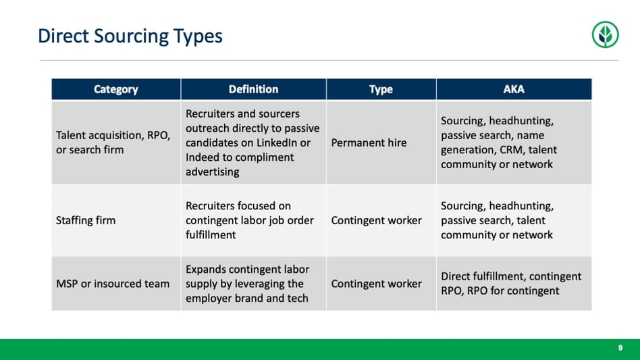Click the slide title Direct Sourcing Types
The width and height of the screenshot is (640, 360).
(x=130, y=36)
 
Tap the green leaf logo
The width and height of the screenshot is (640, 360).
(x=605, y=34)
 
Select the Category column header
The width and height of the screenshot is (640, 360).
(x=116, y=89)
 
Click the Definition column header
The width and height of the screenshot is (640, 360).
(x=253, y=89)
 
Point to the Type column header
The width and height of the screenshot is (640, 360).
(x=381, y=89)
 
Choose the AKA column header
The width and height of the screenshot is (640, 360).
(x=514, y=89)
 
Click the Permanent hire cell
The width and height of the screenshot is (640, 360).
(x=369, y=143)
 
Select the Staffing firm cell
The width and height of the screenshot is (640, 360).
(x=86, y=220)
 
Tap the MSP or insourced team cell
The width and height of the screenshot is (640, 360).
(x=113, y=284)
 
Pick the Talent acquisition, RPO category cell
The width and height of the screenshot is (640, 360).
(x=113, y=143)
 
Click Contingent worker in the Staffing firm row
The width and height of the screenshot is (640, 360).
(x=376, y=220)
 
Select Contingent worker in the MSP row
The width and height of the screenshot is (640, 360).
(x=376, y=284)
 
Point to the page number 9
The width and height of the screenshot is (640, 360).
(x=620, y=348)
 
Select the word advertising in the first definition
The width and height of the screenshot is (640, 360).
(x=213, y=172)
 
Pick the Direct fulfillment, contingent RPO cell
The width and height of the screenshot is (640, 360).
(x=511, y=283)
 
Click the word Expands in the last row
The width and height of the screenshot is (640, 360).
(x=206, y=269)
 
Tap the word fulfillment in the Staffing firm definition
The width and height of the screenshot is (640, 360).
(x=211, y=234)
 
